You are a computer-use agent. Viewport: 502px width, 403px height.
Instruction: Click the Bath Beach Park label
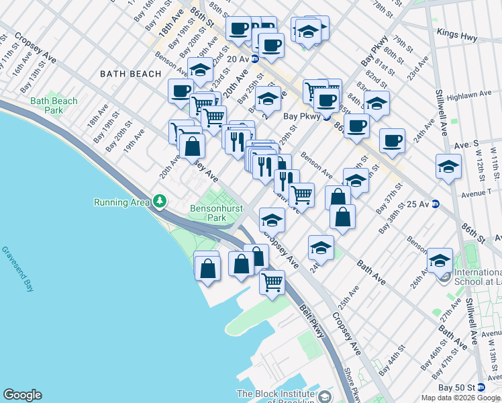click(x=54, y=106)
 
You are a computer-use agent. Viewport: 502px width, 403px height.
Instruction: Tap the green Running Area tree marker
click(x=159, y=201)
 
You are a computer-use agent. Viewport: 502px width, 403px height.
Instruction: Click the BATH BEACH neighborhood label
click(x=130, y=74)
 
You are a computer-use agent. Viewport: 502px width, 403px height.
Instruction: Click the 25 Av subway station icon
click(x=435, y=204)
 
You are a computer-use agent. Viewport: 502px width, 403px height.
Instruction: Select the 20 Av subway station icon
click(x=255, y=59)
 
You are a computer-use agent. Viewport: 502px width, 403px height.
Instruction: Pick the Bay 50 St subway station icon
click(x=480, y=388)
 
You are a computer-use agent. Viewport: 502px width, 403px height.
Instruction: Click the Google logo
click(x=22, y=395)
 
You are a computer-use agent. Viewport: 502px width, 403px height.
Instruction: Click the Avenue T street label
click(x=477, y=192)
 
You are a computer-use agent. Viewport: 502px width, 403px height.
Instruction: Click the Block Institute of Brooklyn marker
click(x=325, y=396)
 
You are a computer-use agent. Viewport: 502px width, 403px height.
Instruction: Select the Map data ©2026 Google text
click(x=460, y=398)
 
